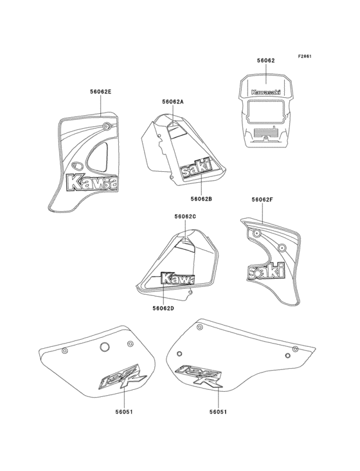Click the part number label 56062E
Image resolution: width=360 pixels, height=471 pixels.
(100, 92)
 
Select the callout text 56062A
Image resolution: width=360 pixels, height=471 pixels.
(173, 102)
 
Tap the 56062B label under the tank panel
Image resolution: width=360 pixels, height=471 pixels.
(201, 199)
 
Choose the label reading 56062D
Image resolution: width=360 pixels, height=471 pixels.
(163, 308)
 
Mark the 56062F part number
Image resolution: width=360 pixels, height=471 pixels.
(264, 200)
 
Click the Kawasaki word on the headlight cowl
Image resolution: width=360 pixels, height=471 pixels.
(266, 91)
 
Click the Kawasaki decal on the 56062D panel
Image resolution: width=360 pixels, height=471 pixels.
(177, 279)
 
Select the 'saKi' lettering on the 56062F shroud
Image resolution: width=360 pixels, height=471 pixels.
(266, 272)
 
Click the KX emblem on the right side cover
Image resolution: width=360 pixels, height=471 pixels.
(199, 376)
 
